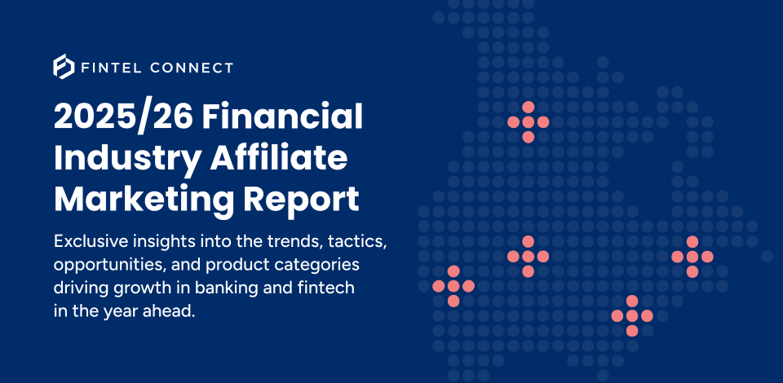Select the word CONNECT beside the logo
[192, 68]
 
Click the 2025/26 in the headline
[122, 117]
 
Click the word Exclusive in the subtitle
[91, 242]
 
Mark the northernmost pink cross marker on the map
[528, 122]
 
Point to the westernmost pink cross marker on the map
[453, 286]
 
